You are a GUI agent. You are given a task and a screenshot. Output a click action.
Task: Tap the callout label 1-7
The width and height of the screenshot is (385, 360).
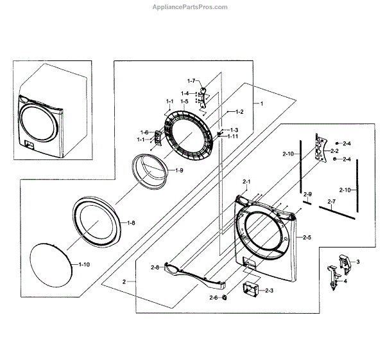coord(191,80)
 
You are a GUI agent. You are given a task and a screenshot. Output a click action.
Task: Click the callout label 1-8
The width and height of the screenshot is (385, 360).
coord(130,222)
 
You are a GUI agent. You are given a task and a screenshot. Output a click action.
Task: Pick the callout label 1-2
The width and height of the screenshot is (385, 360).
coord(239,112)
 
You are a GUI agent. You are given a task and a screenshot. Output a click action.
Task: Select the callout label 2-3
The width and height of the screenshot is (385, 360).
coord(268,291)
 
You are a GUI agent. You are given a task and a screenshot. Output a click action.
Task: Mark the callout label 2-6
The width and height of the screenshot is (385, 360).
coord(214,298)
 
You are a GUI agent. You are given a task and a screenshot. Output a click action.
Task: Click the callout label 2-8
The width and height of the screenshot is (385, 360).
coord(155,267)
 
